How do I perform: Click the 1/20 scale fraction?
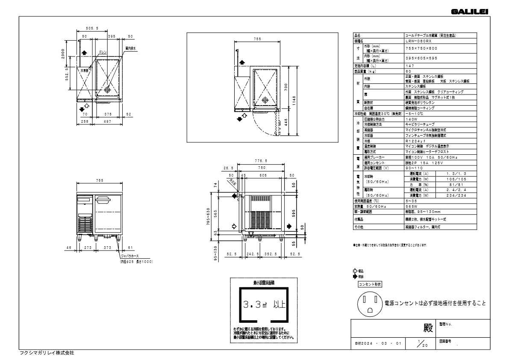coord(421,343)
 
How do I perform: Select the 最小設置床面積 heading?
coord(264,283)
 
